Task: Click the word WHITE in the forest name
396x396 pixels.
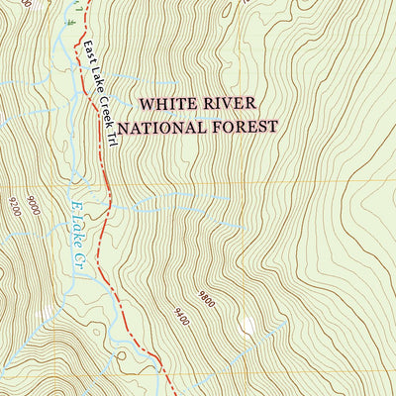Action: (x=163, y=104)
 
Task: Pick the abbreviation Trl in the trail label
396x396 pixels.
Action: (x=112, y=138)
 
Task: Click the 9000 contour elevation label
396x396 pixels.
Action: (x=35, y=206)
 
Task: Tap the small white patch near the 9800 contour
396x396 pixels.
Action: (x=247, y=324)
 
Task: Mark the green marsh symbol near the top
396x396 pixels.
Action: (x=70, y=21)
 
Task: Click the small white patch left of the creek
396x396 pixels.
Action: (x=41, y=314)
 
